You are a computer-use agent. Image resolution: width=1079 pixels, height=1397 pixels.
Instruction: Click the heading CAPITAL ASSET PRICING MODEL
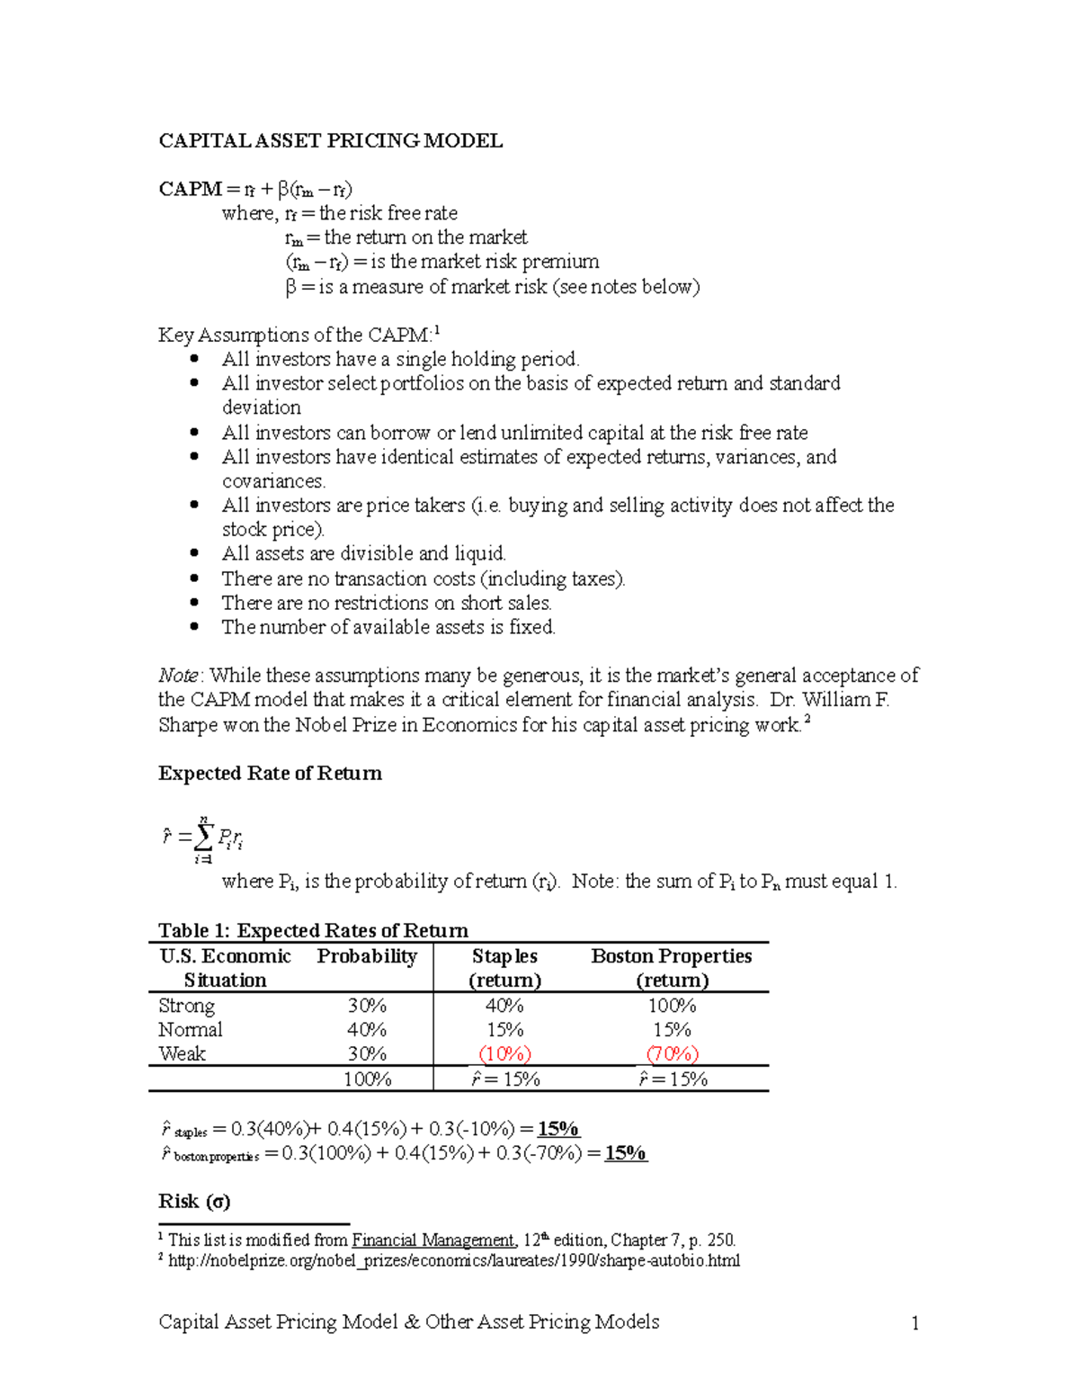click(x=330, y=140)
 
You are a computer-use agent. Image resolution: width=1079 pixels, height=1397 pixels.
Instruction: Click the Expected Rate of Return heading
click(x=270, y=774)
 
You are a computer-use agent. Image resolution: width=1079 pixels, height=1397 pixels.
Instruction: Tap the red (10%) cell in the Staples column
click(x=504, y=1053)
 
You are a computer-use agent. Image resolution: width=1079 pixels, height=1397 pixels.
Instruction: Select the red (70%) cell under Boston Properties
click(x=672, y=1053)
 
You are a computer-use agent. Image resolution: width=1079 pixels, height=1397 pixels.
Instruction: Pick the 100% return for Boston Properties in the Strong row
click(x=672, y=1006)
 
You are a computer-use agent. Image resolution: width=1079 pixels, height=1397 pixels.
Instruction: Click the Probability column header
click(x=367, y=956)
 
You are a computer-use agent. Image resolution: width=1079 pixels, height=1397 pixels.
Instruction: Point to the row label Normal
click(x=190, y=1030)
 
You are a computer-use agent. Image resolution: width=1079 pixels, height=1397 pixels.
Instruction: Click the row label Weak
click(x=182, y=1054)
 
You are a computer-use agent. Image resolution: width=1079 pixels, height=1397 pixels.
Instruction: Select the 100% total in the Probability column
click(x=367, y=1079)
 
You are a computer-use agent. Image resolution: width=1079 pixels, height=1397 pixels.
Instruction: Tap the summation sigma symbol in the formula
click(x=203, y=837)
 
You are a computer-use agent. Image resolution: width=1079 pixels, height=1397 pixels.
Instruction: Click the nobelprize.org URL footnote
click(x=454, y=1261)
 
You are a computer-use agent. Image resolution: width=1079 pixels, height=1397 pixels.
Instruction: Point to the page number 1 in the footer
click(x=914, y=1323)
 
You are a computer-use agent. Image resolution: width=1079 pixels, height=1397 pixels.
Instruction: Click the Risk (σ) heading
click(x=194, y=1202)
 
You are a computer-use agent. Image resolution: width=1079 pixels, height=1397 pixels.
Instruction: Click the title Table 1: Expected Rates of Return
click(x=313, y=930)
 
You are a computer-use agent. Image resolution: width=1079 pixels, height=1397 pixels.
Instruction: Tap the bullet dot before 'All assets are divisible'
click(x=194, y=553)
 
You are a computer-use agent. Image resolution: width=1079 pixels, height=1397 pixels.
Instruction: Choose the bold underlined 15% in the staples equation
click(x=557, y=1129)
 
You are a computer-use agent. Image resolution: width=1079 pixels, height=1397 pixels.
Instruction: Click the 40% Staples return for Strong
click(x=504, y=1006)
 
